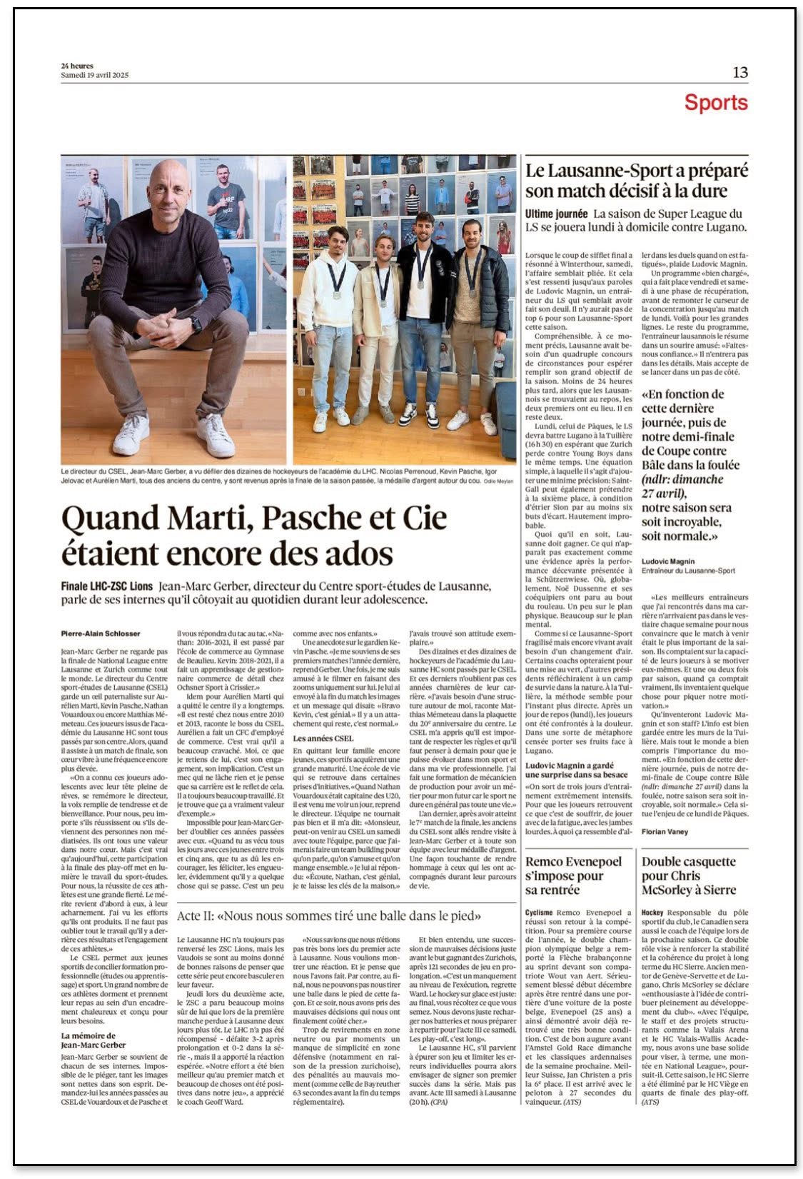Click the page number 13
click(x=739, y=72)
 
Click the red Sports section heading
click(x=715, y=103)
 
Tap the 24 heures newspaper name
click(x=77, y=66)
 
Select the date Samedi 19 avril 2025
click(x=95, y=75)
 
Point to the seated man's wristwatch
click(x=196, y=325)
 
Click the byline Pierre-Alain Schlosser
click(x=101, y=633)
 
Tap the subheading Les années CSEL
click(x=323, y=738)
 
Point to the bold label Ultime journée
click(x=556, y=214)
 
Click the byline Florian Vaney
click(x=665, y=832)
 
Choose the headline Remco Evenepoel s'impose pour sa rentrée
click(x=573, y=876)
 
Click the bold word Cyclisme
click(x=539, y=913)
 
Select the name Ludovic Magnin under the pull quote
click(x=667, y=561)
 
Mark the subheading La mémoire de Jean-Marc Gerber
click(x=89, y=1041)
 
